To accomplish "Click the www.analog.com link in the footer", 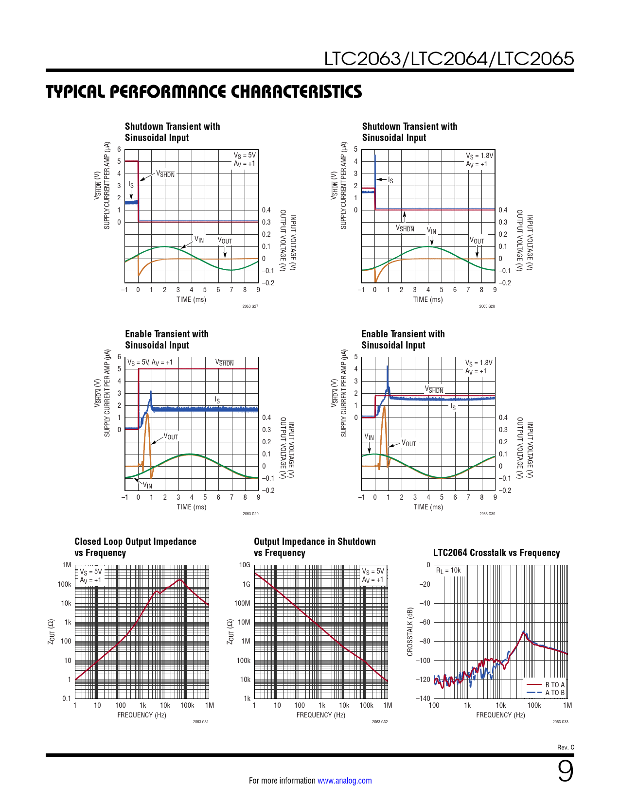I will click(344, 781).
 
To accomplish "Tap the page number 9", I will click(565, 771).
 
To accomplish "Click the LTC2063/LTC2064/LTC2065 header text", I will click(449, 59).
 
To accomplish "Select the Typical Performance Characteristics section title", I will click(204, 91).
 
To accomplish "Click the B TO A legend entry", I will click(555, 685).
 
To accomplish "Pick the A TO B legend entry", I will click(555, 693).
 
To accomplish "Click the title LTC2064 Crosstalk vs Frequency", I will click(496, 553).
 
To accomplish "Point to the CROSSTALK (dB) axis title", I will click(410, 631).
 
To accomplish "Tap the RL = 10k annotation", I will click(448, 571).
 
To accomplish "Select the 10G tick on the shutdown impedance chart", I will click(245, 565).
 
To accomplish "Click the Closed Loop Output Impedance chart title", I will click(135, 547).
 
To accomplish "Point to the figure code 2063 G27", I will click(250, 306).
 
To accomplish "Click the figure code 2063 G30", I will click(487, 514).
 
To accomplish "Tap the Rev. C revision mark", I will click(566, 747).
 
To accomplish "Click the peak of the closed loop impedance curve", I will click(180, 580).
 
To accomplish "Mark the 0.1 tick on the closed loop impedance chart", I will click(67, 698).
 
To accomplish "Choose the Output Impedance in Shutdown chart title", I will click(315, 547).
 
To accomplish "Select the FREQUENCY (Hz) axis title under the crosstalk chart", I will click(500, 715).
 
